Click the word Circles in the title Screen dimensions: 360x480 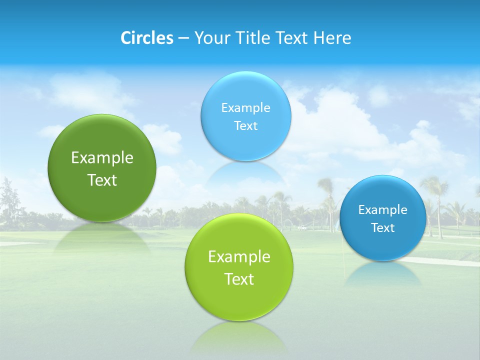[147, 38]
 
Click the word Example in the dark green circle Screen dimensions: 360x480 [102, 158]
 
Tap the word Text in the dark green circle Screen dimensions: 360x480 [102, 180]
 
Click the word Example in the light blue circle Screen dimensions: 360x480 [246, 108]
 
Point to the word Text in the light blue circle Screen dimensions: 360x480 [246, 126]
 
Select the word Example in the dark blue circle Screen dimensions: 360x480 [383, 210]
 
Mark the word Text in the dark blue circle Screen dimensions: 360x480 [383, 228]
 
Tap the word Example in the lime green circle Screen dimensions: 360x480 [239, 257]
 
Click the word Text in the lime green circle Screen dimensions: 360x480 [239, 279]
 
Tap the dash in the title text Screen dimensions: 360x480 [183, 38]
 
